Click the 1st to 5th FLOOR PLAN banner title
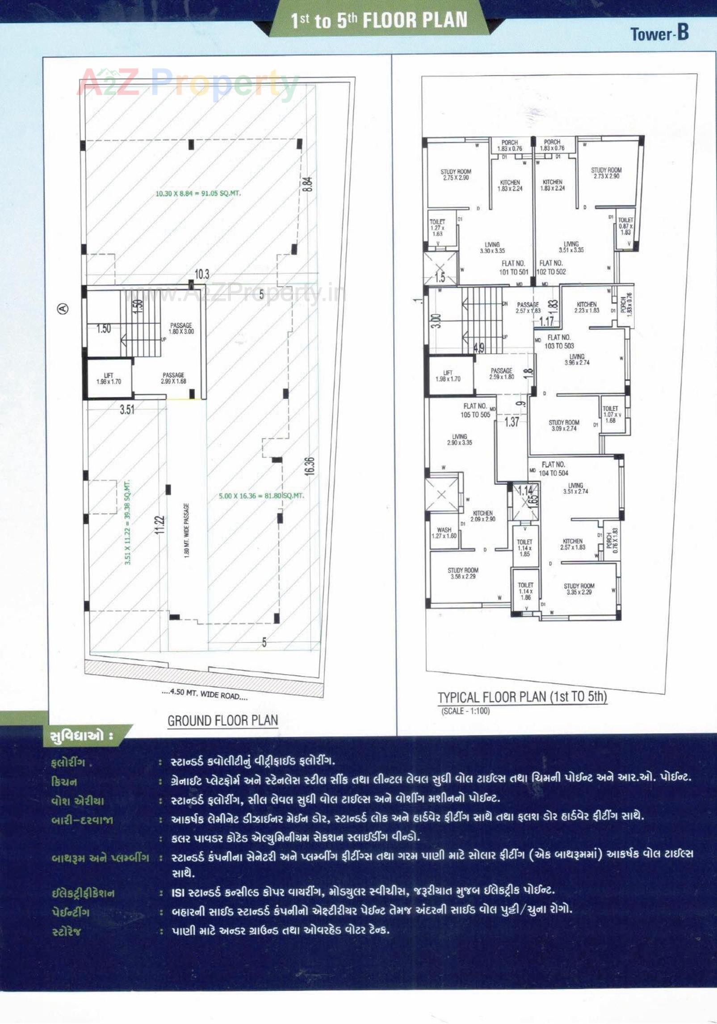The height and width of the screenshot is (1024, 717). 379,21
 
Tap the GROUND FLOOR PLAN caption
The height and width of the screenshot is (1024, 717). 222,720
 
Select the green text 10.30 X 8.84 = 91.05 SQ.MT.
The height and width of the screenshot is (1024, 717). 198,194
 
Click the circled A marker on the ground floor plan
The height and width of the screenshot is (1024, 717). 63,308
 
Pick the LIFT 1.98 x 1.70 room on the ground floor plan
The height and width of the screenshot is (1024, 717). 109,379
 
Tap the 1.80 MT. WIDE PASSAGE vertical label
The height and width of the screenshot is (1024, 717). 187,530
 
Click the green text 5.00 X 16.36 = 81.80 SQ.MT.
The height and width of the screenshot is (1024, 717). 261,496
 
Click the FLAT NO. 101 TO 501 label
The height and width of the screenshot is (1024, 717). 513,267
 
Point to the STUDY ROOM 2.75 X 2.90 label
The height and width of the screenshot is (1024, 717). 456,174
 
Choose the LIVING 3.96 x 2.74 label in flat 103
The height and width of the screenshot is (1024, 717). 577,360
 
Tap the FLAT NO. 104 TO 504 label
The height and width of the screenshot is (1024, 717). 553,469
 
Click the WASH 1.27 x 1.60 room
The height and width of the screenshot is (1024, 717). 444,533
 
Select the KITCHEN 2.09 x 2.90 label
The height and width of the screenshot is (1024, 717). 482,516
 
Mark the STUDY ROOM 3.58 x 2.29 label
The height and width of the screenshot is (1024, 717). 463,573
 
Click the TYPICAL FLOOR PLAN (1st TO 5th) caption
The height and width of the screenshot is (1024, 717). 522,697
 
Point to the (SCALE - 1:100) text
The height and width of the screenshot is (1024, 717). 465,711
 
